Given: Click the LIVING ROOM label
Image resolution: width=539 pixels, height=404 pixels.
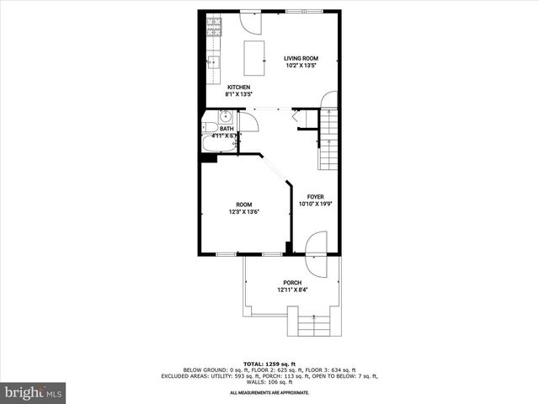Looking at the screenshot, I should (300, 58).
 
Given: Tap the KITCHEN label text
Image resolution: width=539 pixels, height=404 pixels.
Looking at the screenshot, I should (239, 88).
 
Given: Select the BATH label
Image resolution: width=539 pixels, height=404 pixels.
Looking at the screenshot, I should (227, 129).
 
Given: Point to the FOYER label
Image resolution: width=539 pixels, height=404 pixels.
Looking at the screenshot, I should (315, 196).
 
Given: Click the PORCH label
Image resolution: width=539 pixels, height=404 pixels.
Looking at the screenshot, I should (292, 283).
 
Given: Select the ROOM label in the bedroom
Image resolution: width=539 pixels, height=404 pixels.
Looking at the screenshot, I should (243, 205).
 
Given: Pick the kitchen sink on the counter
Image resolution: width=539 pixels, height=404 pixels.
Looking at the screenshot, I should (214, 61).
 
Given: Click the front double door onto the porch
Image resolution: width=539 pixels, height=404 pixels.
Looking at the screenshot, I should (316, 252).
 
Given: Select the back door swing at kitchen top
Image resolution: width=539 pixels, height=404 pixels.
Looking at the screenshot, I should (250, 21).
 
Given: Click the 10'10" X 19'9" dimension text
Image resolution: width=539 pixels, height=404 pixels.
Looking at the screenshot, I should (315, 204).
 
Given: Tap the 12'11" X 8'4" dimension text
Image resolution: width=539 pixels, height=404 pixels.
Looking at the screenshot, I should (292, 290).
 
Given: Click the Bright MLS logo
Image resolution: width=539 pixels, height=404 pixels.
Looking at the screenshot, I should (34, 391).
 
